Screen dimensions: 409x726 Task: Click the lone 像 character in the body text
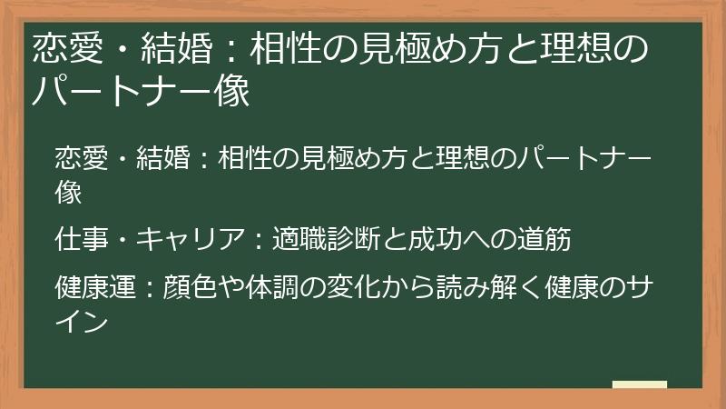[69, 192]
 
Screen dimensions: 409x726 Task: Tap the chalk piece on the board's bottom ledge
[639, 385]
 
